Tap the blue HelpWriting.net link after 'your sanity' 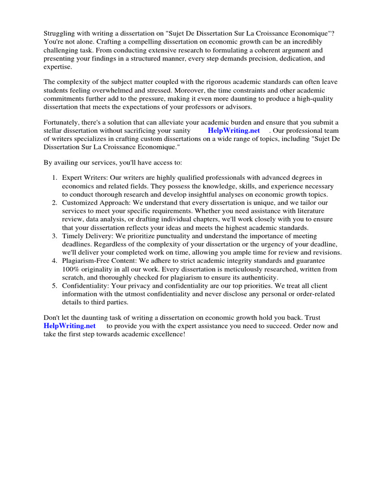click(234, 130)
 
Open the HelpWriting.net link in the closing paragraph click(69, 326)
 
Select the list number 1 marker click(55, 178)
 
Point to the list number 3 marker click(55, 236)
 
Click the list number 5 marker click(55, 286)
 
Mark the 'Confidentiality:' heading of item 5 click(86, 286)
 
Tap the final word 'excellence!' click(168, 334)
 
